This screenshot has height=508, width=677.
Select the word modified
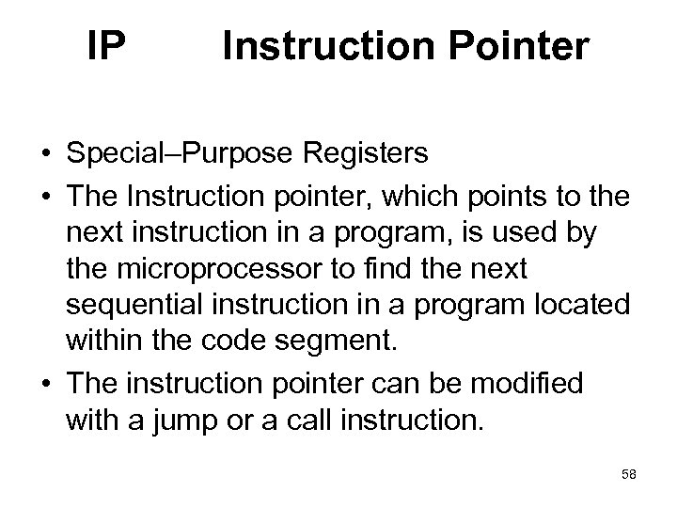click(x=527, y=384)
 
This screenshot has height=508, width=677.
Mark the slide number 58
click(x=628, y=476)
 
